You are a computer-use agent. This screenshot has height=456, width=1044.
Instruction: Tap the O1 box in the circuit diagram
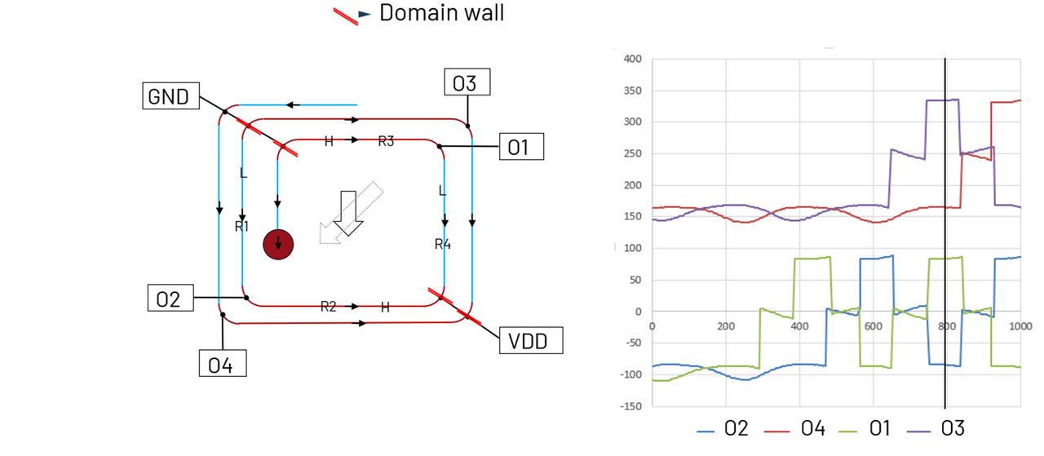pyautogui.click(x=520, y=148)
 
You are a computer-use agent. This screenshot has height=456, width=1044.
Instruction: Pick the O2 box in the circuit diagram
pyautogui.click(x=168, y=299)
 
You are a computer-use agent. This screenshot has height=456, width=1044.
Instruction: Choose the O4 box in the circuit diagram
pyautogui.click(x=222, y=364)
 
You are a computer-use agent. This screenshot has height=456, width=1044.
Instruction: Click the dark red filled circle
pyautogui.click(x=277, y=244)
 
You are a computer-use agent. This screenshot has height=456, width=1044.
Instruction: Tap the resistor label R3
pyautogui.click(x=386, y=141)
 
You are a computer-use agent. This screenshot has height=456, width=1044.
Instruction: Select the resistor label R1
pyautogui.click(x=241, y=226)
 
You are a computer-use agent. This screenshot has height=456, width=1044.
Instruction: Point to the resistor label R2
pyautogui.click(x=328, y=307)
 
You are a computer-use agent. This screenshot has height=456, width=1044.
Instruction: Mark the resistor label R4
pyautogui.click(x=442, y=244)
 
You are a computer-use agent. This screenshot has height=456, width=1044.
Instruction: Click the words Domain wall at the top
pyautogui.click(x=441, y=13)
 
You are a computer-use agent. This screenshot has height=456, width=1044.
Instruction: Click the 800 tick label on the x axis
pyautogui.click(x=945, y=326)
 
